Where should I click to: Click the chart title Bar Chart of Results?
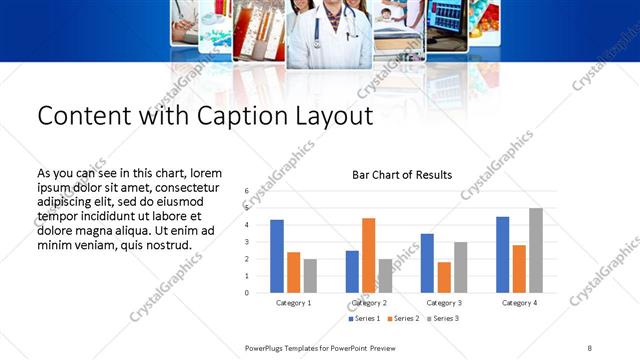pos(402,175)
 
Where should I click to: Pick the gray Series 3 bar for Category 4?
pos(536,250)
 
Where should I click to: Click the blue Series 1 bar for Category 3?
pos(427,263)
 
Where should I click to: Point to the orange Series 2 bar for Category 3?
pos(443,277)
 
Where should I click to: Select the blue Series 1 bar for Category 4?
pos(503,254)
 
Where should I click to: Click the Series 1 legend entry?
pos(364,319)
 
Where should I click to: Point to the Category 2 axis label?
pos(369,302)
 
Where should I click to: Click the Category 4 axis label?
pos(519,302)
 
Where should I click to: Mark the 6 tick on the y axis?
pos(246,190)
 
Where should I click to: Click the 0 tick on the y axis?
pos(246,293)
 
